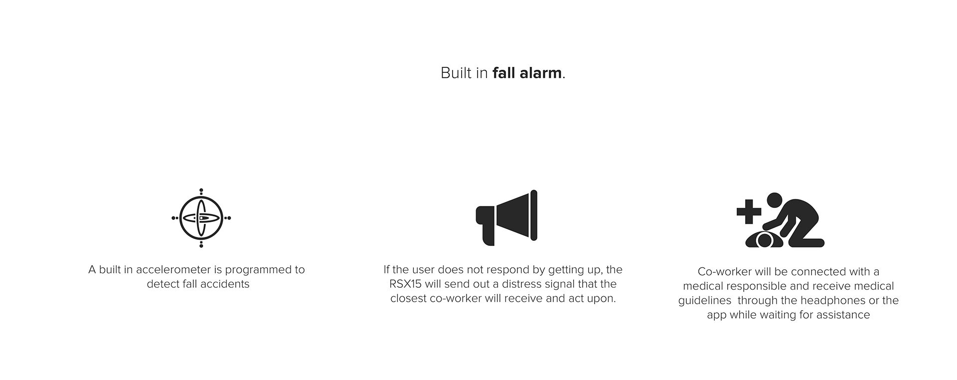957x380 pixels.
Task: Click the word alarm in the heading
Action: pos(540,73)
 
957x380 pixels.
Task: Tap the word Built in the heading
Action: pos(456,73)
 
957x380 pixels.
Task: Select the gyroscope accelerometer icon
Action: pos(201,218)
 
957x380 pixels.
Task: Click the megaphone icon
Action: pos(506,218)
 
